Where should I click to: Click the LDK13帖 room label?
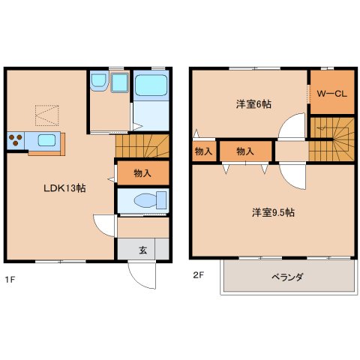tap(64, 188)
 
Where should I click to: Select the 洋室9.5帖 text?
tap(273, 213)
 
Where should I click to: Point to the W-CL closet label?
tap(330, 95)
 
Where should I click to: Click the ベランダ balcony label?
tap(286, 277)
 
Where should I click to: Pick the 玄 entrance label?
tap(142, 250)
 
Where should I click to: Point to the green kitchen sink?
tap(42, 139)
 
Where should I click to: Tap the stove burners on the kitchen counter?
tap(15, 139)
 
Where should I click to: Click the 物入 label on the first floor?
tap(142, 173)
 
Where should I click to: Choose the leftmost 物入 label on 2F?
tap(203, 151)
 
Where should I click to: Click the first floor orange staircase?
tap(142, 142)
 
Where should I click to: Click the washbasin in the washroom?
tap(119, 82)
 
